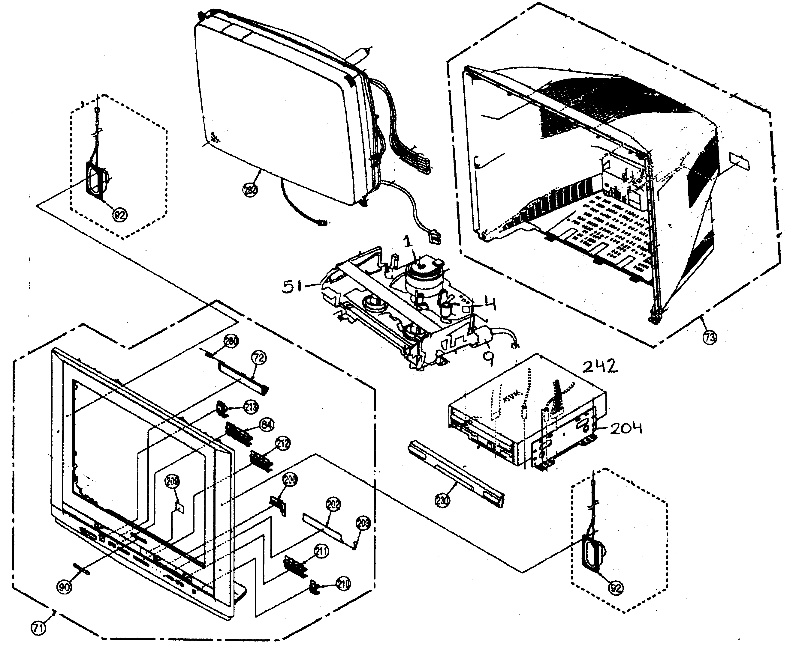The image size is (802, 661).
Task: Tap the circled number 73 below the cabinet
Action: tap(710, 337)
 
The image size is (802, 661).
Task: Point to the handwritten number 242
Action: tap(600, 366)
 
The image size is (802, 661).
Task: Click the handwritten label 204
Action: tap(626, 429)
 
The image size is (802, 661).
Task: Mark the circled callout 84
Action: tap(267, 424)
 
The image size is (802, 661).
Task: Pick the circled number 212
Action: tap(282, 443)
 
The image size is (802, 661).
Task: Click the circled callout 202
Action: tap(333, 505)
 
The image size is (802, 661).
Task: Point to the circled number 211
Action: tap(322, 551)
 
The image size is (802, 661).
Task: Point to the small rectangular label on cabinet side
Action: tap(739, 162)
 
